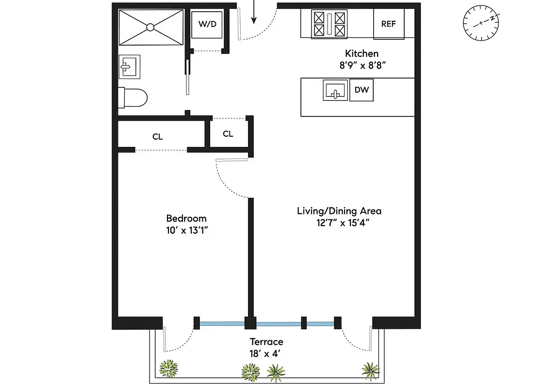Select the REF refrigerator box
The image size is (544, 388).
pos(388,24)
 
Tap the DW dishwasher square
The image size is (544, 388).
pos(361,90)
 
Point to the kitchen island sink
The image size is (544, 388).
pos(335,91)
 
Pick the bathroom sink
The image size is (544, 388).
pos(130,66)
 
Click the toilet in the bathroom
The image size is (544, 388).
pos(133,98)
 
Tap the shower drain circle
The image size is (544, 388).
pos(150,27)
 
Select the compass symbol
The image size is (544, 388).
pos(481,23)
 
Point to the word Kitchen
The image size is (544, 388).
pos(362,53)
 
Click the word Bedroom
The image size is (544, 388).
pos(186,218)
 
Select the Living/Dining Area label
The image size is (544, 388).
pos(339,211)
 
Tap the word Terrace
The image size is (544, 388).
pos(266,342)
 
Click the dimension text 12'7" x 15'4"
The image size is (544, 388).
pos(339,223)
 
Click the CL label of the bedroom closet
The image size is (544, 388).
pos(157,137)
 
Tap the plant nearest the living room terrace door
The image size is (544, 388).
pos(370,370)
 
